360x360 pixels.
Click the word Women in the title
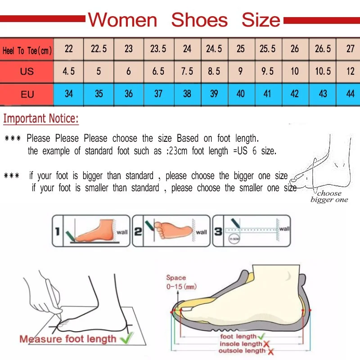(122, 20)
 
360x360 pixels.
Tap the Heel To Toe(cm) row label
(27, 50)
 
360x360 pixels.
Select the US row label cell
(27, 72)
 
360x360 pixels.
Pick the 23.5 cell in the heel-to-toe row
(158, 49)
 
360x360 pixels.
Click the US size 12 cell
(350, 72)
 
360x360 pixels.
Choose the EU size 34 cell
(69, 94)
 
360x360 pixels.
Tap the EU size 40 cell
(241, 94)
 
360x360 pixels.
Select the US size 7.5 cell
(187, 72)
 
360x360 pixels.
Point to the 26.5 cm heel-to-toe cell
(323, 49)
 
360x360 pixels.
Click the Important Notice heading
(41, 119)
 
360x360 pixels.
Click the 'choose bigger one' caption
(329, 197)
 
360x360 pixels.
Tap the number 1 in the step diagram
(57, 232)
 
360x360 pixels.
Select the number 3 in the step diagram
(218, 232)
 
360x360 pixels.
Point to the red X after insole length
(266, 344)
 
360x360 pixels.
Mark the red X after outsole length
(270, 351)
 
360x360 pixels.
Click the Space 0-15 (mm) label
(181, 282)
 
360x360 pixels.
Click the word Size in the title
(261, 20)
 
